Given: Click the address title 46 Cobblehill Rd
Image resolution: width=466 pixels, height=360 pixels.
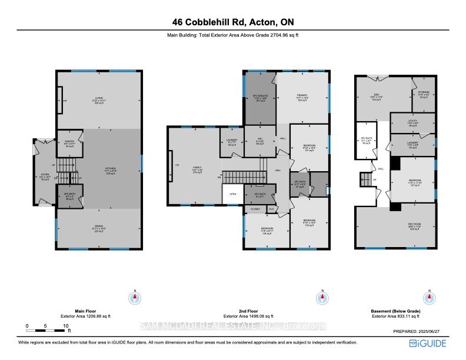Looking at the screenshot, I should coord(232,22).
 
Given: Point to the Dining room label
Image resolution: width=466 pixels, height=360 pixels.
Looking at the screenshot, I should coord(99,229).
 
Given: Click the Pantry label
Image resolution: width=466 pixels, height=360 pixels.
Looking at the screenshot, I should coord(69,139).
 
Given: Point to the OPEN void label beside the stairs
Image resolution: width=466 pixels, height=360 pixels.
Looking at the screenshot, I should coord(233,193).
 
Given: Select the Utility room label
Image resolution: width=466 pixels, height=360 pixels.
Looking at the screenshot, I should coord(412,124).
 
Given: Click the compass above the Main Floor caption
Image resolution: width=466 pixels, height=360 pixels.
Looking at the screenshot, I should coord(135,297).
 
